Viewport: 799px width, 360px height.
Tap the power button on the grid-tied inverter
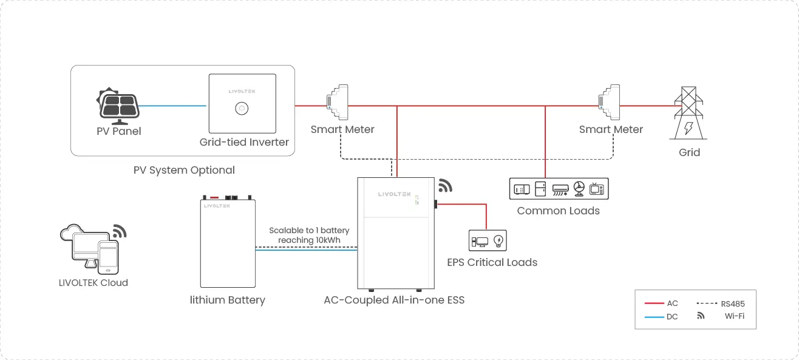click(x=242, y=108)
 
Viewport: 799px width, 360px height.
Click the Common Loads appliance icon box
click(x=558, y=189)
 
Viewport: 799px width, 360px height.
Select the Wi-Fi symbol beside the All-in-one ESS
click(x=446, y=185)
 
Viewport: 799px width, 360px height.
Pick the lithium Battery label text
click(x=227, y=300)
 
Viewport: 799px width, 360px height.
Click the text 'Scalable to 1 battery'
click(x=309, y=231)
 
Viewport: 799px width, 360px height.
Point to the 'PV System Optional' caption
click(x=184, y=170)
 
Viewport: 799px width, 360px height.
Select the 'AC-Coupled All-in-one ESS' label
click(x=394, y=300)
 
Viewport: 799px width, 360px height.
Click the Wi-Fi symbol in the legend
click(x=701, y=316)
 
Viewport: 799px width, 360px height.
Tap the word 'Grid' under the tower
click(x=689, y=152)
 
